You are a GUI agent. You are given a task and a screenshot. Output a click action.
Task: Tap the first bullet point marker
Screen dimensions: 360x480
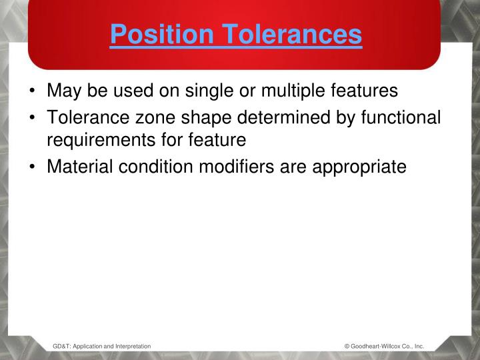click(x=33, y=90)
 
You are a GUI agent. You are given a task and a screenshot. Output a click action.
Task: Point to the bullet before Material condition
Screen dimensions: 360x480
click(x=33, y=167)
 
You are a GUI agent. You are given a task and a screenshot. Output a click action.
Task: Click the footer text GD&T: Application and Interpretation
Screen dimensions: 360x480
click(x=101, y=346)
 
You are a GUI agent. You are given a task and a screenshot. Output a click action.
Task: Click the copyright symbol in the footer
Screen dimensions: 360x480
click(x=347, y=346)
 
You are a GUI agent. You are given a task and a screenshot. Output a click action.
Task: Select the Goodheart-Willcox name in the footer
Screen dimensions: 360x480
click(x=376, y=346)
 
